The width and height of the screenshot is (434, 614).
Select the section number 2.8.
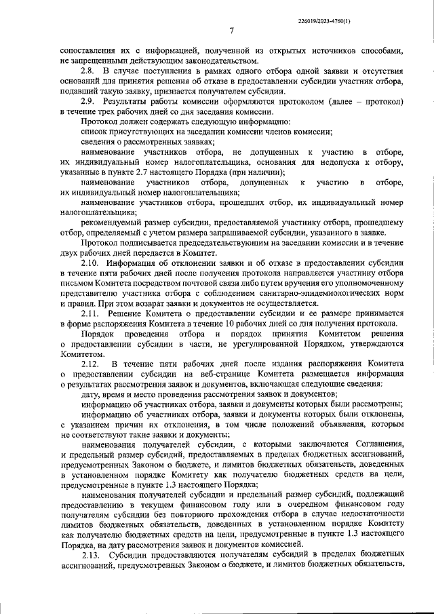tap(87, 71)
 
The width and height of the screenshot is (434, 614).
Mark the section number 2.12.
tap(90, 364)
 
